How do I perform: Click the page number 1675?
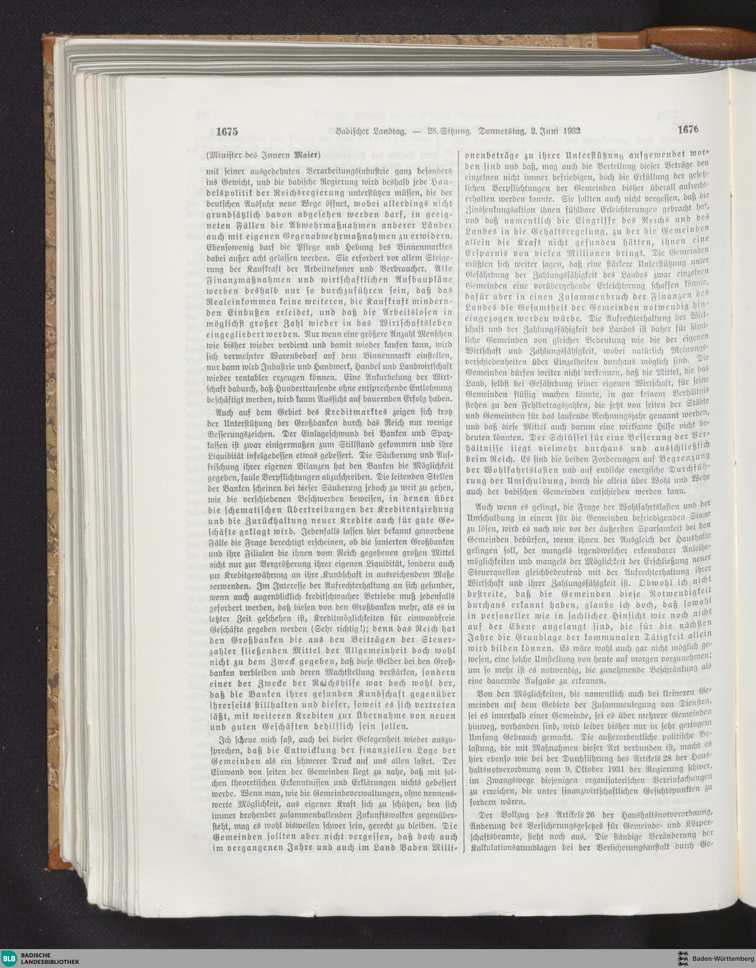227,132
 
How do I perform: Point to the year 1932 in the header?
573,131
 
